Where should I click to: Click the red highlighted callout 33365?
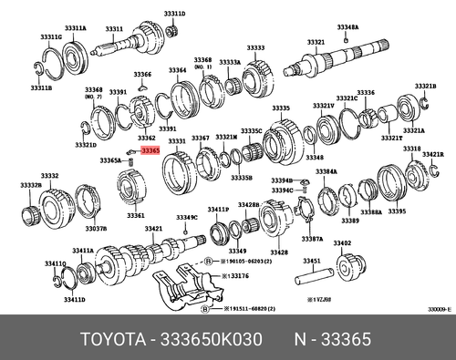point(150,149)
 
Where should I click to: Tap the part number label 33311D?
point(173,15)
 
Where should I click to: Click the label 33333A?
point(230,62)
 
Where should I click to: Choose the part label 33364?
point(177,69)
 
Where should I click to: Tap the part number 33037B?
point(96,230)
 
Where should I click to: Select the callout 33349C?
point(186,218)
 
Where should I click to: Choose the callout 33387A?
point(313,239)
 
